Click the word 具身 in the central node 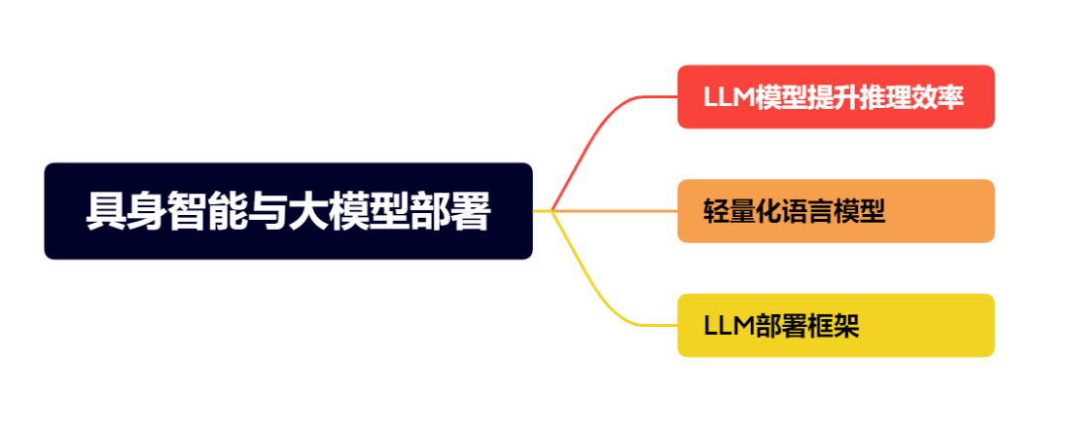125,212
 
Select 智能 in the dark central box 206,212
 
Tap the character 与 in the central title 267,212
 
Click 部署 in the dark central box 450,212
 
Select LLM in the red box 727,97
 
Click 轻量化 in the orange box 741,211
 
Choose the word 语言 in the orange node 807,211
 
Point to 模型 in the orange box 858,211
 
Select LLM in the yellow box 727,326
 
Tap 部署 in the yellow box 779,326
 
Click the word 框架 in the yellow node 832,326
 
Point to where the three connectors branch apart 552,211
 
